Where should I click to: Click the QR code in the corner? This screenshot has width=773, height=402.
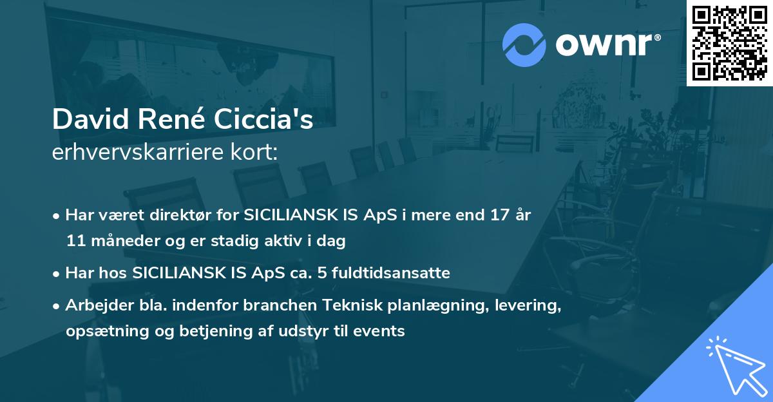point(729,43)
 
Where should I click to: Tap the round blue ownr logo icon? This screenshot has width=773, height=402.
point(524,45)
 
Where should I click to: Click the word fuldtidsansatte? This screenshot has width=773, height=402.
point(399,273)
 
